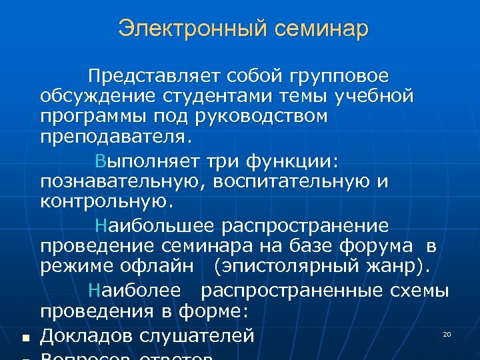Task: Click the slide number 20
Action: [x=447, y=333]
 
